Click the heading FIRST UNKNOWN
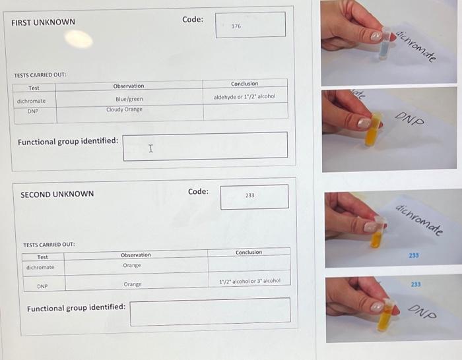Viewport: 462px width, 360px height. coord(44,22)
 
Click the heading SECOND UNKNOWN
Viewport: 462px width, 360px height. coord(57,195)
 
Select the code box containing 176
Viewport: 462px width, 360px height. coord(250,25)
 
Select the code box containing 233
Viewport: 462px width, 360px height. coord(254,196)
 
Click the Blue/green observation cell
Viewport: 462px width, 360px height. coord(128,100)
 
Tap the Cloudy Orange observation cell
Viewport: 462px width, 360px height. coord(124,109)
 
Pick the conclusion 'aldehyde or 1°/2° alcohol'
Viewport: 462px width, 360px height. coord(244,97)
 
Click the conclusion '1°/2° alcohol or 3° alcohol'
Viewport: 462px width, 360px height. coord(249,281)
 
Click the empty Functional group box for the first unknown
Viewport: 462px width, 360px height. coord(205,146)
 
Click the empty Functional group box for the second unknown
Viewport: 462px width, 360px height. coord(210,312)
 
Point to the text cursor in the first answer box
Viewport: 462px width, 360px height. coord(151,148)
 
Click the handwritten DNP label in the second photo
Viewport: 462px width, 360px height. coord(410,119)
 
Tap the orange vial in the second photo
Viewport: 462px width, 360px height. coord(375,129)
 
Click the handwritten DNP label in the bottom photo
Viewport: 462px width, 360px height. coord(422,311)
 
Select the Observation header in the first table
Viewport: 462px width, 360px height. coord(128,86)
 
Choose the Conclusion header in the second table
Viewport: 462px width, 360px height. coord(249,253)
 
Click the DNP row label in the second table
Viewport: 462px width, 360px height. coord(42,286)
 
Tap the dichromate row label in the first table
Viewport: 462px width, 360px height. coord(31,101)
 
